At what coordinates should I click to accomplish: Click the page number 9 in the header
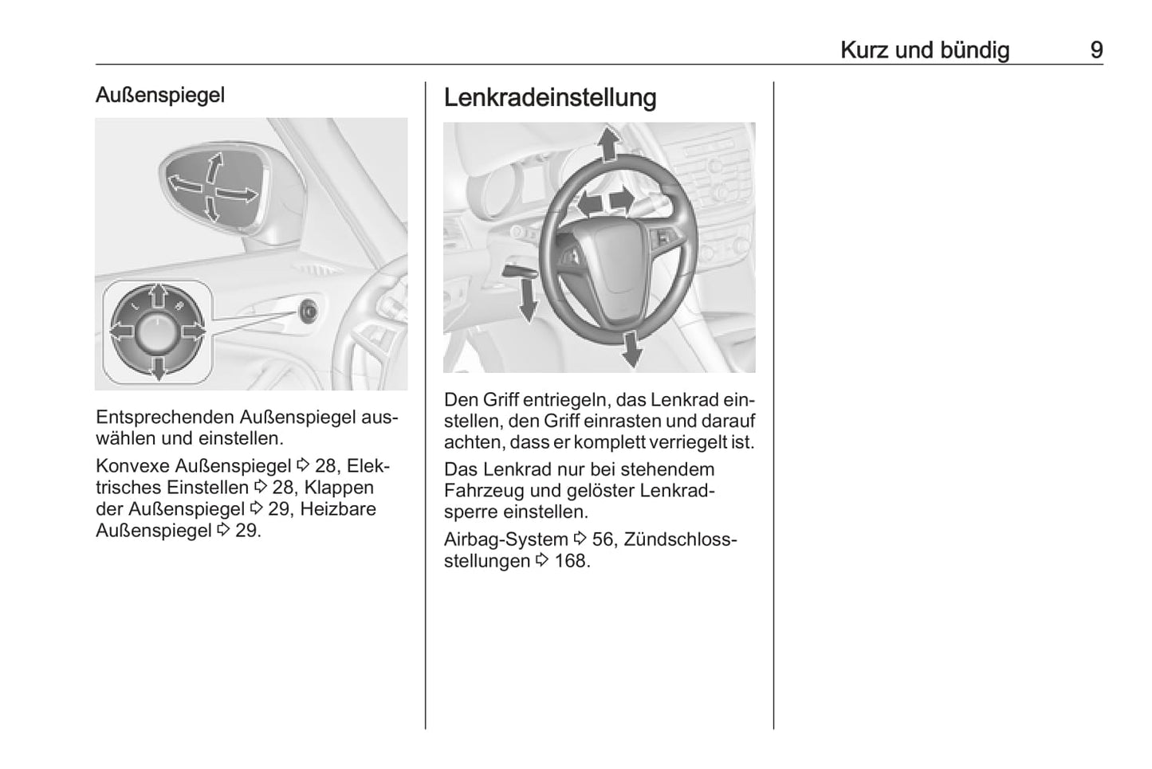click(1096, 50)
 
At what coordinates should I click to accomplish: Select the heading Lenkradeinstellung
click(550, 97)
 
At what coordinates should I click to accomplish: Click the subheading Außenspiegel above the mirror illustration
click(160, 95)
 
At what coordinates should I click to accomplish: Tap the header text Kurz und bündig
click(925, 50)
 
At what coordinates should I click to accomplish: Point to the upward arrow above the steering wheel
click(609, 143)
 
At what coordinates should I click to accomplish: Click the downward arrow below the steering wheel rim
click(631, 349)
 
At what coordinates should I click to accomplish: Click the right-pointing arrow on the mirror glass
click(237, 194)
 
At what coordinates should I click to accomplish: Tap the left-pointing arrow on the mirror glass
click(185, 183)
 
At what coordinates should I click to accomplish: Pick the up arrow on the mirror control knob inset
click(159, 296)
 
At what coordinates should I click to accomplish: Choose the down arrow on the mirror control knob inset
click(159, 368)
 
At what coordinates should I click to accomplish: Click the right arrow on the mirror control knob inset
click(194, 332)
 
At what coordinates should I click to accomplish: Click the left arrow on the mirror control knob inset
click(123, 332)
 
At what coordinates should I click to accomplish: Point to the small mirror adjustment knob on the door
click(309, 311)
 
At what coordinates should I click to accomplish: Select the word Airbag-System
click(506, 539)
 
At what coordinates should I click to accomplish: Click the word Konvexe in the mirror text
click(132, 465)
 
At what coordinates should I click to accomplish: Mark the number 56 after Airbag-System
click(603, 539)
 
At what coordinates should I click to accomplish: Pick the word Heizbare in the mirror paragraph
click(338, 509)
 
